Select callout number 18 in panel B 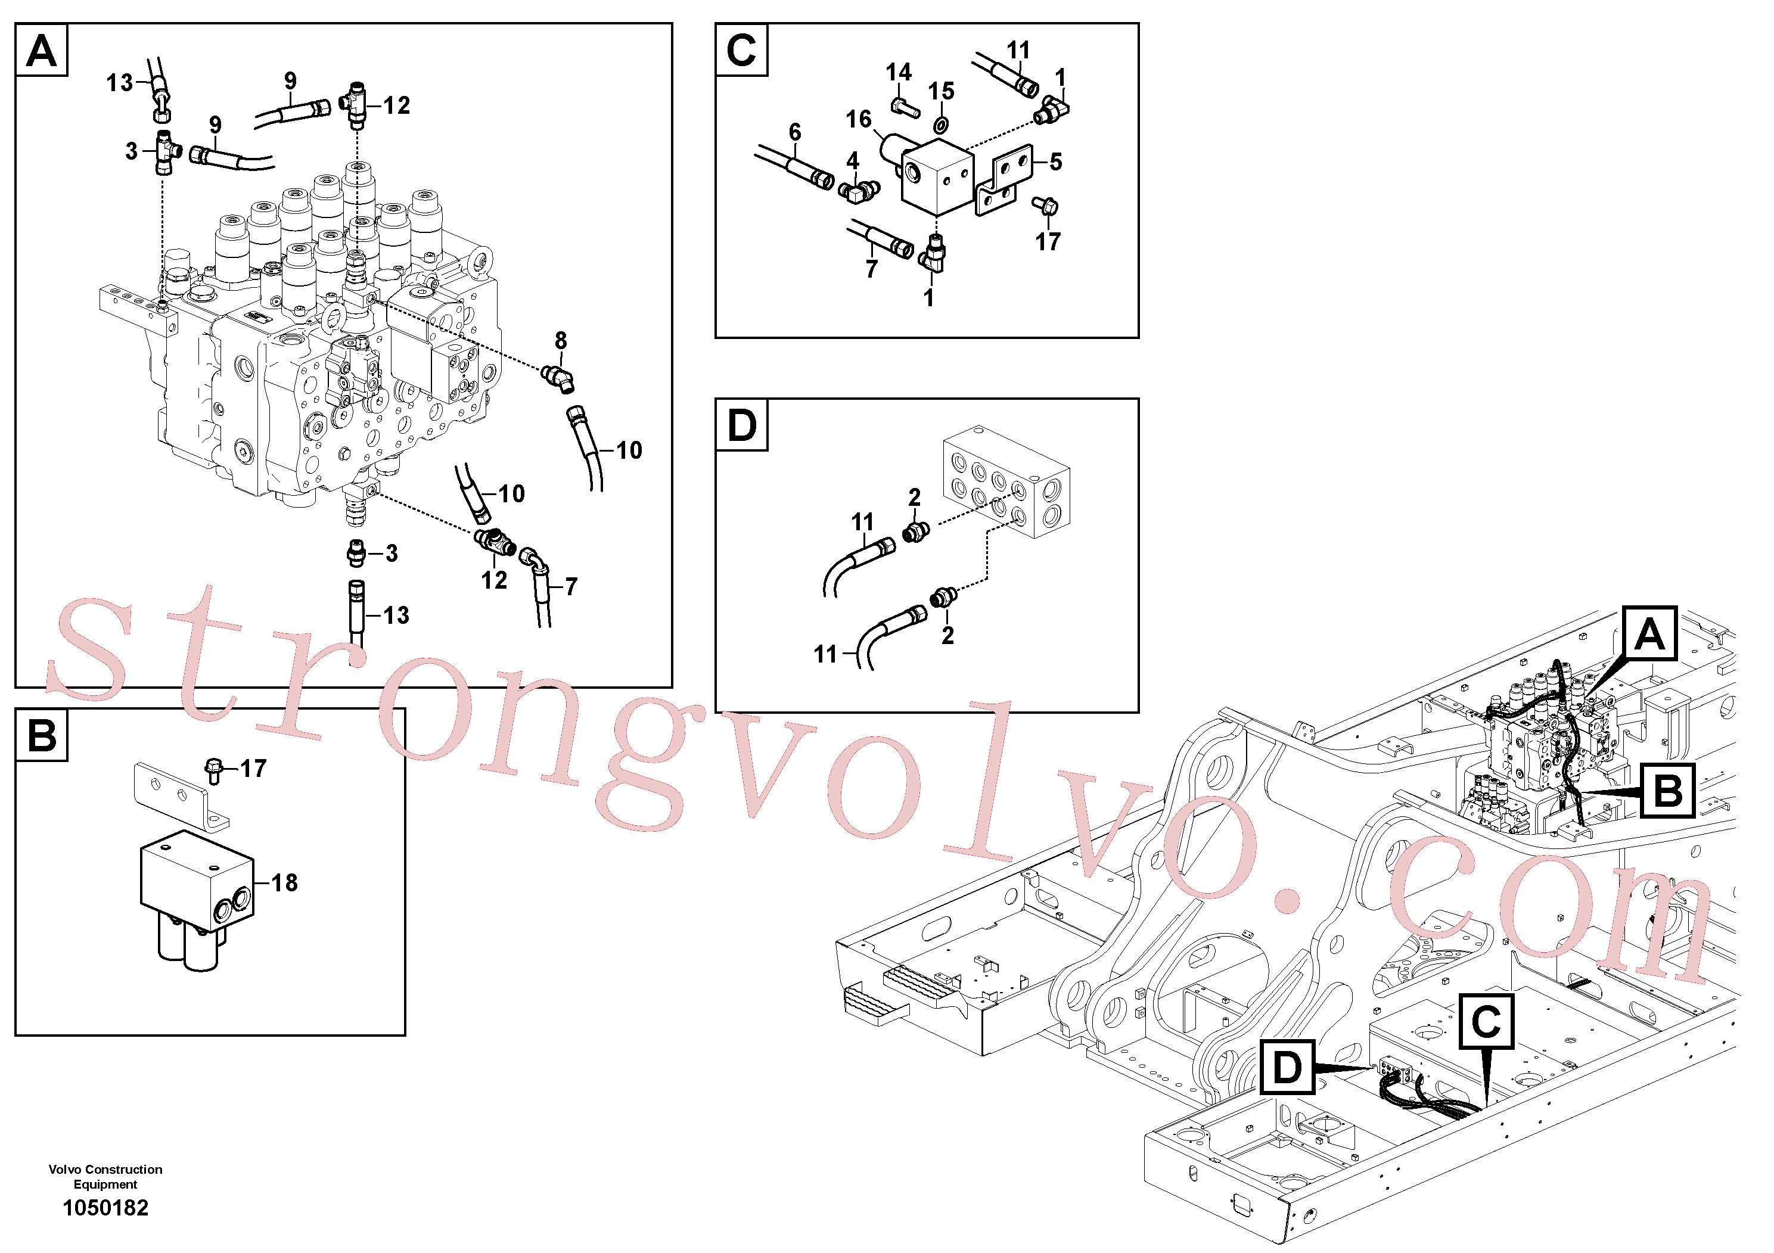284,882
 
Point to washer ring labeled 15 940,125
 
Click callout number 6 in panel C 795,132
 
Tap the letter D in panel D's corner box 742,425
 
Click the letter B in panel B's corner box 42,735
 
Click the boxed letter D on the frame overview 1287,1067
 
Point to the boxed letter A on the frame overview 1649,633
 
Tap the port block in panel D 1006,481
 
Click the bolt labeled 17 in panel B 214,770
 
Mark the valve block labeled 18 196,898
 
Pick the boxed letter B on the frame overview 1667,790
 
